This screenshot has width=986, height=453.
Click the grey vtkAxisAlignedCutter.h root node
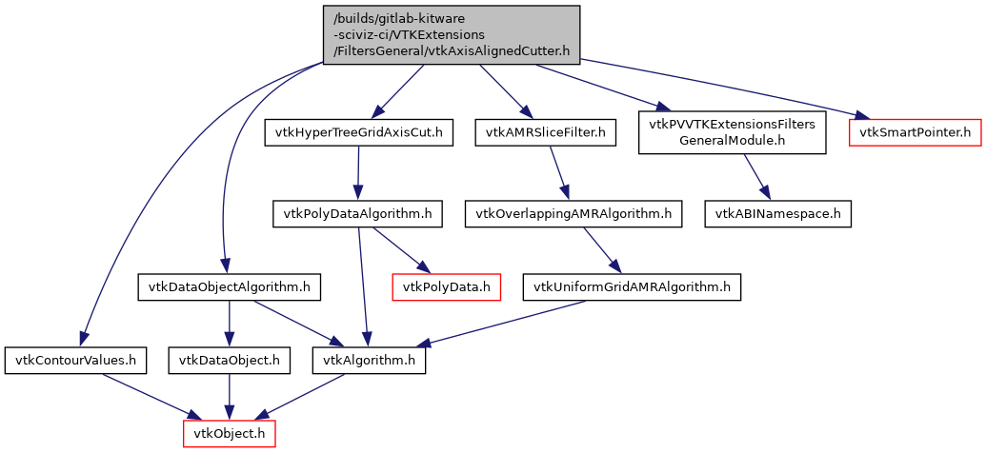(452, 35)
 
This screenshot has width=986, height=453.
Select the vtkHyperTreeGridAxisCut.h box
(359, 132)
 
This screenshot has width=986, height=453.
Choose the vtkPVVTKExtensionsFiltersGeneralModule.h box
(732, 132)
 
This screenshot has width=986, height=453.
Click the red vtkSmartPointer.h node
(915, 132)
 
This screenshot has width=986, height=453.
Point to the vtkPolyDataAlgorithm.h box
(357, 214)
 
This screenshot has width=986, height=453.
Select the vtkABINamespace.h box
(777, 214)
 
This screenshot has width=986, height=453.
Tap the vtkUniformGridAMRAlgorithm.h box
(632, 286)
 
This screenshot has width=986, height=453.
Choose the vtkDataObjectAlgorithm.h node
(229, 286)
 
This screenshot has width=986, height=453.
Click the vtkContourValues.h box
(76, 361)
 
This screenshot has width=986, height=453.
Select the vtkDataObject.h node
(230, 361)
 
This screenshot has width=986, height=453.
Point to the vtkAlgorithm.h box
(370, 361)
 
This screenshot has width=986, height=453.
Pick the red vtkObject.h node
(230, 433)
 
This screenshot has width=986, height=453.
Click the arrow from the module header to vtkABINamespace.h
(756, 177)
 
